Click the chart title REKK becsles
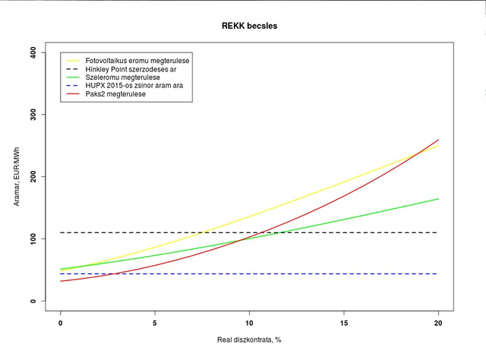pos(250,27)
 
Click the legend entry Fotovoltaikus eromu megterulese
pos(137,60)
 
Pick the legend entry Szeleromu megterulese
pos(121,77)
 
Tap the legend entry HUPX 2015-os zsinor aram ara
pos(134,85)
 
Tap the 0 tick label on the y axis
pos(33,301)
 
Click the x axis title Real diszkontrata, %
pos(249,339)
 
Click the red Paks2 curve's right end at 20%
pos(438,140)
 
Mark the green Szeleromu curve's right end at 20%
pos(438,199)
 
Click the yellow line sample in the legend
pos(73,60)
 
